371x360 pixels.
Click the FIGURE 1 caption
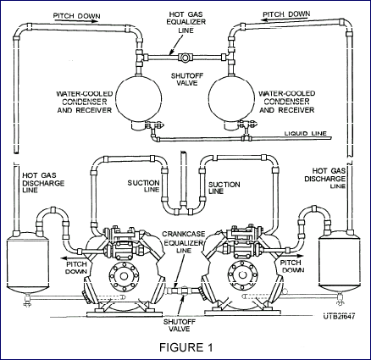(x=186, y=347)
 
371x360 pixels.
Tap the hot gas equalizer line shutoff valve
(x=185, y=58)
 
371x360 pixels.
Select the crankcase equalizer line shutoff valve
(x=184, y=291)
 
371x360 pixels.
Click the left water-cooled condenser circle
(x=139, y=97)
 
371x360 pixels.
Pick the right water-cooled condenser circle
(x=231, y=97)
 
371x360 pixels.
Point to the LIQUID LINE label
(x=305, y=133)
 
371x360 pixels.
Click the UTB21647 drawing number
(x=339, y=316)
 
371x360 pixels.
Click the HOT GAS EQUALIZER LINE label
(x=186, y=22)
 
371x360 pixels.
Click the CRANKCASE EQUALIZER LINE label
(x=184, y=242)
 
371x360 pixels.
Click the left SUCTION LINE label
(x=144, y=186)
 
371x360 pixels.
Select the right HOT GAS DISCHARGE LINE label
(x=325, y=179)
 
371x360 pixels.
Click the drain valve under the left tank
(x=27, y=301)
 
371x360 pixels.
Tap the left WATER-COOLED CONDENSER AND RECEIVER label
(x=85, y=102)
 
